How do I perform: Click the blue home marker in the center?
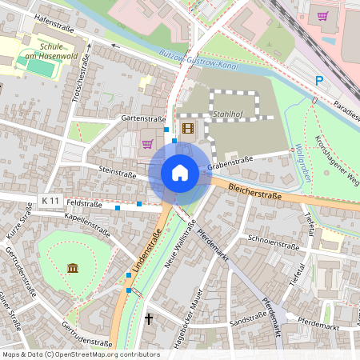(x=180, y=172)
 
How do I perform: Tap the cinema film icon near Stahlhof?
(x=188, y=128)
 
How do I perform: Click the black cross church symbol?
(x=148, y=319)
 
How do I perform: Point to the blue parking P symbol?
(x=320, y=81)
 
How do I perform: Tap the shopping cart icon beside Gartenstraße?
(x=147, y=144)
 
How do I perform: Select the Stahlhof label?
(x=228, y=114)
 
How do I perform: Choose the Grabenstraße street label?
(x=230, y=164)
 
